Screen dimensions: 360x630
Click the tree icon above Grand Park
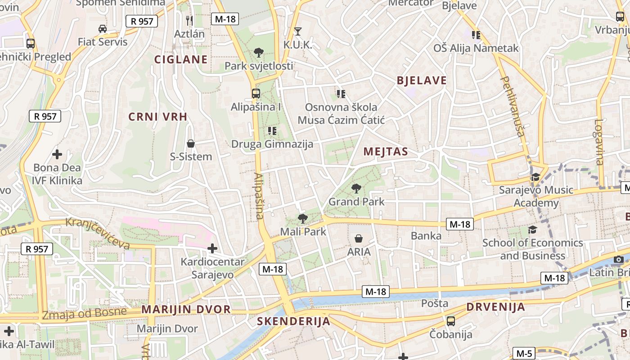(356, 188)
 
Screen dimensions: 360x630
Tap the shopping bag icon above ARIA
(359, 238)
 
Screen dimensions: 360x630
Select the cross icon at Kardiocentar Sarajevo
(212, 248)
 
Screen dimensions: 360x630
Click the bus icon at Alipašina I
(256, 94)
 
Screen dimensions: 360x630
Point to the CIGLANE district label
(181, 59)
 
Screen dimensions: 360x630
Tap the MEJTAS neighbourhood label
(386, 152)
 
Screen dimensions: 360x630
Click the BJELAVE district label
(422, 81)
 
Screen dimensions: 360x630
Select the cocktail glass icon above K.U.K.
(297, 31)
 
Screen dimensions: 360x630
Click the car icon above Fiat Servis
(103, 29)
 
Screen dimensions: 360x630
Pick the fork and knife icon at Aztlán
(189, 20)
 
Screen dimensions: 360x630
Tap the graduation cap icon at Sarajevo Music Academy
(535, 177)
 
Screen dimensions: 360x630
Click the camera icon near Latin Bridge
(619, 259)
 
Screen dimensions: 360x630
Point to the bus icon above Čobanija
(450, 321)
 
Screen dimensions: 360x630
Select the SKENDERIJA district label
(293, 321)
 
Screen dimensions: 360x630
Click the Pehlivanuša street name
(513, 106)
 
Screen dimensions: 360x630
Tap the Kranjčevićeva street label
(98, 233)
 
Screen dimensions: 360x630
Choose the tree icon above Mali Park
(303, 219)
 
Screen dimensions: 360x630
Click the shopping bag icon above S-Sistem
(191, 144)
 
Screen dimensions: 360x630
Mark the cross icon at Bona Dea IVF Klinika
(57, 154)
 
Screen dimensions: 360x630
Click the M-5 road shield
(524, 354)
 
